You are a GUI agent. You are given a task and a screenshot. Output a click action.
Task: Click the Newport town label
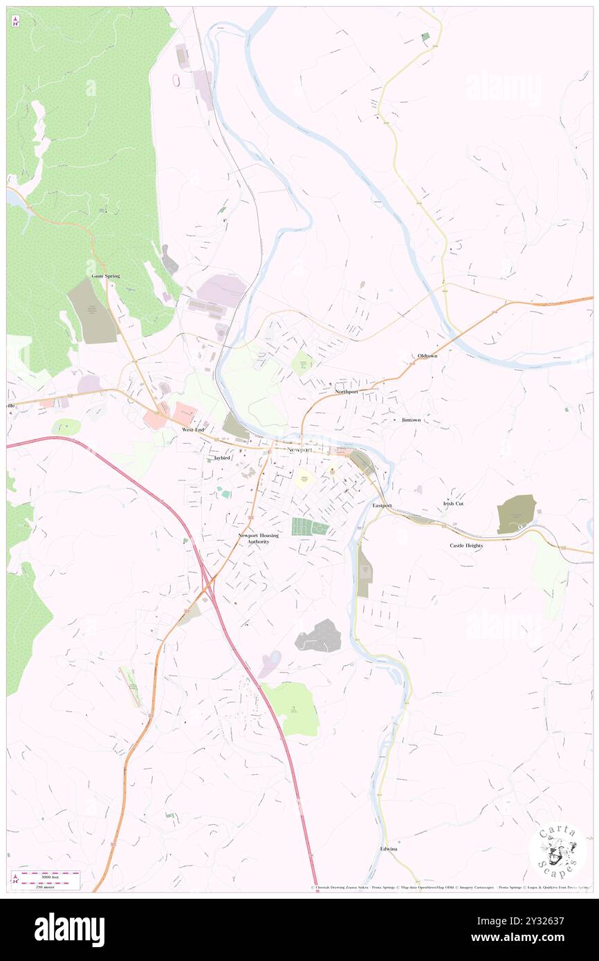click(x=299, y=450)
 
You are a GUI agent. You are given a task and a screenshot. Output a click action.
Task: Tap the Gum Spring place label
click(x=106, y=276)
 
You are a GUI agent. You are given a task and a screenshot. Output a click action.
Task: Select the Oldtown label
click(x=427, y=355)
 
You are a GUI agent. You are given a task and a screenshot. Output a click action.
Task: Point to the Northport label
click(x=347, y=391)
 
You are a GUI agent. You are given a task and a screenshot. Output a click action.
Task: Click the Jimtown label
click(x=411, y=420)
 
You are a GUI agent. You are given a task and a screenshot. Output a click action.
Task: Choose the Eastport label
click(x=382, y=505)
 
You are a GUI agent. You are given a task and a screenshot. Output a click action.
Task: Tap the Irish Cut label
click(x=453, y=503)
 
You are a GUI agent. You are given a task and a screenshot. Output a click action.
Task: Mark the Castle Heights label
click(x=466, y=545)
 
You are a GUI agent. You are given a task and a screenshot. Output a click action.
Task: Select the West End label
click(x=193, y=429)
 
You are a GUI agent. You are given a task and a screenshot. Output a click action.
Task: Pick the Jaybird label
click(x=221, y=458)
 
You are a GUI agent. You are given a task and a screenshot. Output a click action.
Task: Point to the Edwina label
click(x=389, y=848)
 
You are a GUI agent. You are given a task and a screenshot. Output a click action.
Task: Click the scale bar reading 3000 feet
click(x=46, y=876)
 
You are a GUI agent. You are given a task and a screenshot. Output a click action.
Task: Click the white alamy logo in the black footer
click(x=69, y=929)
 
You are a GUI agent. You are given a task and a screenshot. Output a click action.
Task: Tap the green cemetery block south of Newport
click(x=309, y=527)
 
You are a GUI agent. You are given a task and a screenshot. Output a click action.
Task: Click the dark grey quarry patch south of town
click(x=319, y=636)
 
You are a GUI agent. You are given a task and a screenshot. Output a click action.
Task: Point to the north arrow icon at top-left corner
click(x=15, y=21)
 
